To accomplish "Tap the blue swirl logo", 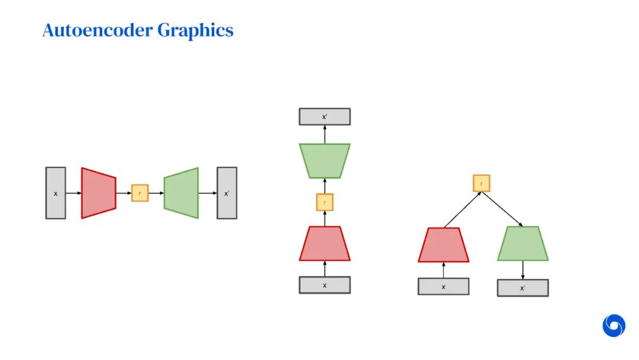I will click(614, 326).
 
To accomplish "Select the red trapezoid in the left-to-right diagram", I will click(98, 193).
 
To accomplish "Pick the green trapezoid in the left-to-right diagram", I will click(181, 193).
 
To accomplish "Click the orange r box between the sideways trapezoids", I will click(140, 193).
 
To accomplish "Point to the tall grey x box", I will click(56, 193).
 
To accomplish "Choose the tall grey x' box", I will click(227, 193).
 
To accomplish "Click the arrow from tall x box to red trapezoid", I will click(73, 193).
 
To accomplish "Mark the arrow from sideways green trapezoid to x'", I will click(207, 193).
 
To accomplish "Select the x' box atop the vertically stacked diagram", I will click(324, 117).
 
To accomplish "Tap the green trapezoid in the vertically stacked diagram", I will click(324, 160).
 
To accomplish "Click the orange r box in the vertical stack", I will click(324, 202).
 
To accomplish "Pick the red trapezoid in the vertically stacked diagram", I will click(324, 243).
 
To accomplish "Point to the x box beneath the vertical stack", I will click(324, 285).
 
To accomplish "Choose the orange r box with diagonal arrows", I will click(481, 183).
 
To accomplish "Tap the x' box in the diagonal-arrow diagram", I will click(522, 288).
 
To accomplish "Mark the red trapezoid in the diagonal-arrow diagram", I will click(443, 245).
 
